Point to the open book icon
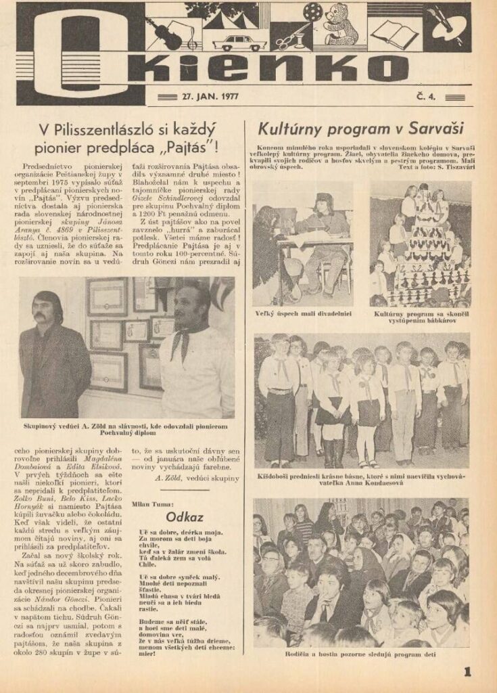coord(395,34)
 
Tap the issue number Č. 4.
coord(427,97)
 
